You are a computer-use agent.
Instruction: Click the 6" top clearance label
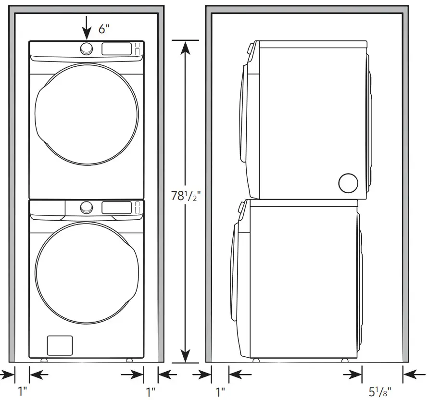coord(104,28)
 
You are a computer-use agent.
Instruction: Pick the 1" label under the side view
coord(220,392)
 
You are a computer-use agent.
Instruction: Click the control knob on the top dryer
coord(87,49)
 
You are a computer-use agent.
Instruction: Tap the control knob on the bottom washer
coord(87,207)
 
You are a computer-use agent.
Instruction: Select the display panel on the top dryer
coord(116,49)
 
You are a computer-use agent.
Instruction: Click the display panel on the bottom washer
coord(116,207)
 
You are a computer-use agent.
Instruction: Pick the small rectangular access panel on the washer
coord(60,345)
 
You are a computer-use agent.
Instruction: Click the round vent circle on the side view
coord(348,183)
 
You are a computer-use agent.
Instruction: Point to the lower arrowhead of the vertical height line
coord(186,356)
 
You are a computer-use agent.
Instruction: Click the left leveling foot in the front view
coord(44,360)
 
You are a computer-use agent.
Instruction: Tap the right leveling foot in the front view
coord(129,360)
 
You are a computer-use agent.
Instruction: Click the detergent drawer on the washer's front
coord(48,207)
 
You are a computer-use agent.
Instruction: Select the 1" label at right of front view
coord(151,392)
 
